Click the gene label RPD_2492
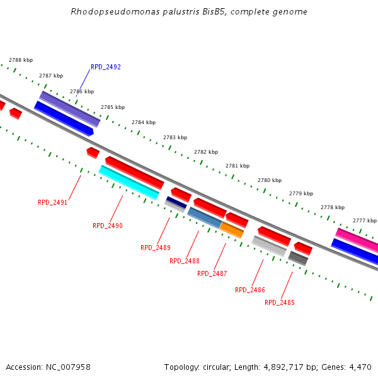(x=106, y=67)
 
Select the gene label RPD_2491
(x=53, y=203)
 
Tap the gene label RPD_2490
(x=108, y=226)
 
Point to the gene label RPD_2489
(x=156, y=248)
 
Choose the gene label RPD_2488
(x=185, y=261)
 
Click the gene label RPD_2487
(x=212, y=273)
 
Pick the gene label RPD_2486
(x=250, y=290)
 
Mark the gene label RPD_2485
(x=280, y=302)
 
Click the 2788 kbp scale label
(x=21, y=60)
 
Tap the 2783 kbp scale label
(x=175, y=137)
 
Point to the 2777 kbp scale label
(x=365, y=220)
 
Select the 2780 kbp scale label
(x=270, y=180)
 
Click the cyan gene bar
(x=129, y=182)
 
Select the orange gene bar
(x=232, y=230)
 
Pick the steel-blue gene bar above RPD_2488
(x=205, y=218)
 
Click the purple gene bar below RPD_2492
(x=70, y=108)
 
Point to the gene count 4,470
(x=360, y=367)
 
